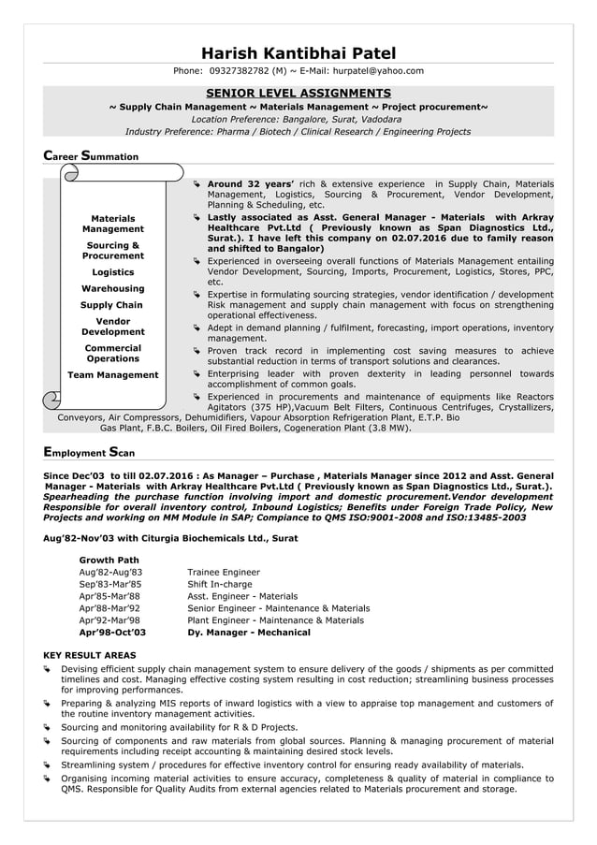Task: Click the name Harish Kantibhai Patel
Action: [298, 53]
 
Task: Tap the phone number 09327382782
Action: [240, 71]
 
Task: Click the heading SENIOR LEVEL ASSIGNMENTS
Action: [298, 93]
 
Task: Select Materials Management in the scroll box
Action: [112, 224]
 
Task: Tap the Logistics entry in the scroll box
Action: [112, 273]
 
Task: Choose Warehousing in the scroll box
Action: [112, 289]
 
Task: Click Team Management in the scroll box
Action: [112, 375]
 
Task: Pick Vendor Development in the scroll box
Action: [112, 327]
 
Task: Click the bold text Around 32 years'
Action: [251, 183]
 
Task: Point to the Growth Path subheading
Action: [109, 560]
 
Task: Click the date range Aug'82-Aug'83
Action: [110, 572]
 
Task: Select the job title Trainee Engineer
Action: [224, 572]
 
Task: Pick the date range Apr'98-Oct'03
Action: [112, 633]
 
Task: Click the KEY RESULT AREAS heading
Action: [90, 656]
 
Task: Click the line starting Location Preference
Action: [298, 120]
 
